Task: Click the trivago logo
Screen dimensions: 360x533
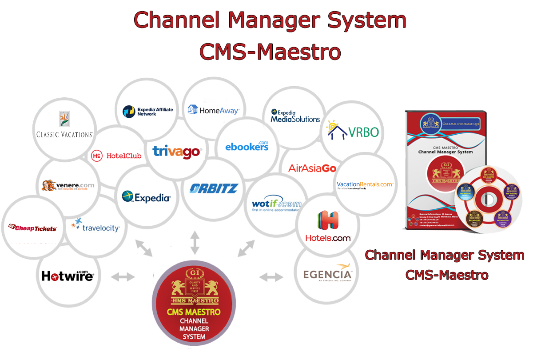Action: point(177,152)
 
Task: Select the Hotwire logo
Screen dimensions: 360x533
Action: point(68,276)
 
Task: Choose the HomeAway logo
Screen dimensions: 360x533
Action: point(213,110)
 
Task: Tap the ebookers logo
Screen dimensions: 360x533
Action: point(247,145)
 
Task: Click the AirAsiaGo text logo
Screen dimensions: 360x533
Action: point(312,168)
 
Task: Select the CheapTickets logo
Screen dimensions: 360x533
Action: point(33,228)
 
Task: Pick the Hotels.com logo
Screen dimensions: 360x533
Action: point(328,227)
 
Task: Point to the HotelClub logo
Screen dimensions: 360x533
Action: point(116,156)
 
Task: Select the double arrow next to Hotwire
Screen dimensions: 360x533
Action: point(122,277)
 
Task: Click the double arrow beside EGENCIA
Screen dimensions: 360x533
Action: point(271,277)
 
